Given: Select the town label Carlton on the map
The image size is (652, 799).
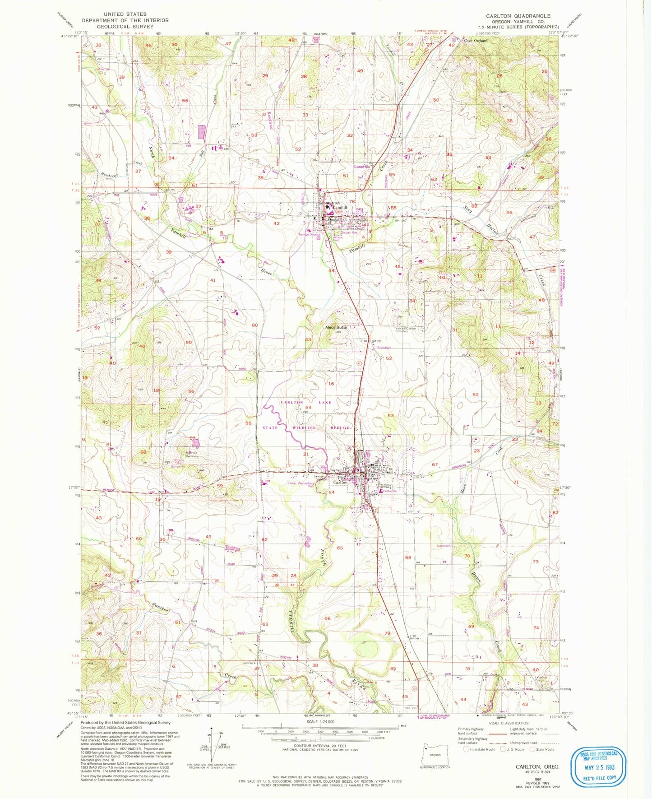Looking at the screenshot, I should [x=340, y=482].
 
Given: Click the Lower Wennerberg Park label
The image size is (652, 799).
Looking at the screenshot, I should [x=300, y=484].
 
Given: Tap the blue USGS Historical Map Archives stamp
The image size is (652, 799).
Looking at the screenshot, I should [x=598, y=766].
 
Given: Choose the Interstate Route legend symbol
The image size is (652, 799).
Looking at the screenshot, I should [x=467, y=749].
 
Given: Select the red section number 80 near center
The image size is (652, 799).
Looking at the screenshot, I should [x=255, y=325].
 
